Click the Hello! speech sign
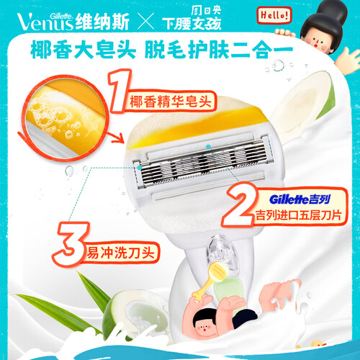coord(274,16)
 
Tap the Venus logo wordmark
coord(45,22)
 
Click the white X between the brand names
coord(145,22)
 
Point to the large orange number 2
coord(240,204)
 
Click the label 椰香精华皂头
coord(171,102)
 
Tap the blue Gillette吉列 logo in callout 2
coord(300,199)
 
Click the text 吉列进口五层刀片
coord(298,215)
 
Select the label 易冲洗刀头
coord(120,253)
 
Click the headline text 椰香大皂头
coord(83,50)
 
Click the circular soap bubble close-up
coord(65,117)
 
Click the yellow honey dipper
coord(208,279)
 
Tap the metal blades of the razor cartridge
coord(202,163)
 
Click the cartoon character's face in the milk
coord(204,326)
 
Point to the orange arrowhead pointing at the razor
coord(120,139)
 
